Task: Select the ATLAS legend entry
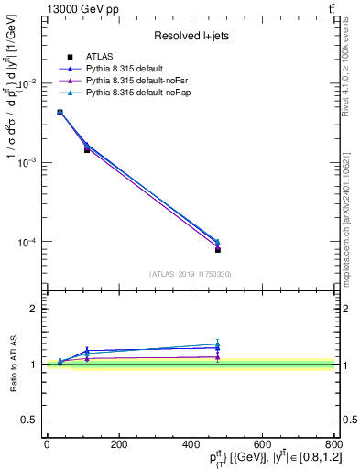tap(100, 57)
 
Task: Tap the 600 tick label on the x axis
tap(262, 444)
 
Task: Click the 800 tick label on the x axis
tap(333, 444)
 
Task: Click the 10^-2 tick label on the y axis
tap(27, 83)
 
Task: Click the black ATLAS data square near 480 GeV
tap(218, 249)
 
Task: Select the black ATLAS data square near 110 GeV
tap(87, 149)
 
